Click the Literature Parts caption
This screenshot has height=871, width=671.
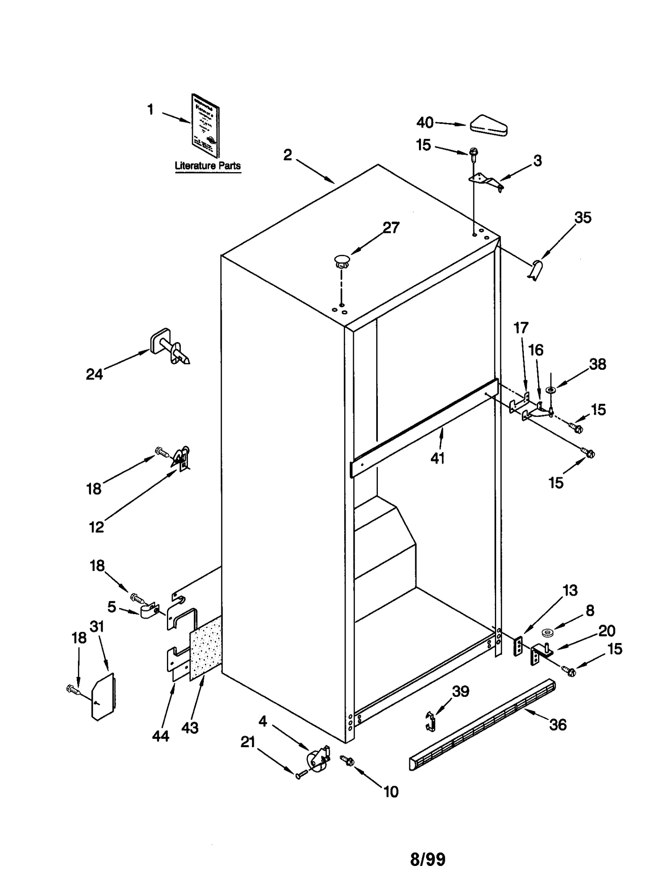pos(208,165)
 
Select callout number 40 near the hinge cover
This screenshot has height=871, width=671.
pos(425,123)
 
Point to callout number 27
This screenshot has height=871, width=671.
pos(391,228)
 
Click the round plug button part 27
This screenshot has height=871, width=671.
pos(343,260)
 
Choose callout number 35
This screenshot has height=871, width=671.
pos(583,217)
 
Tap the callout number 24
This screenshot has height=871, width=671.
pos(94,374)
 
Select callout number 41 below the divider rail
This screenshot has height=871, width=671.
pos(437,458)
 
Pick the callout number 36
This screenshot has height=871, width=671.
pos(558,725)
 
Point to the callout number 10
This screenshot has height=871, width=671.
pos(391,792)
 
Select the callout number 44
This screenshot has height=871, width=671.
pos(161,736)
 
